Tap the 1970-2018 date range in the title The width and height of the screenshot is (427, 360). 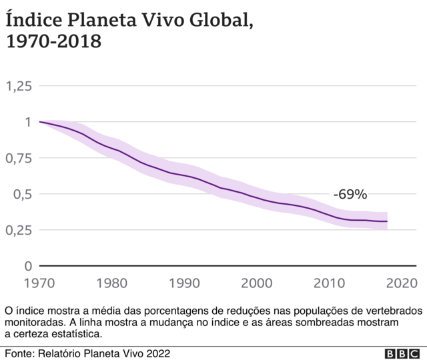pos(53,43)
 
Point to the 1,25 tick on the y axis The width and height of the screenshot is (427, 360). pos(19,86)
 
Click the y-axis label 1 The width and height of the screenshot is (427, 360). pos(28,122)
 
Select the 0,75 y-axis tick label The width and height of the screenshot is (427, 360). pos(19,158)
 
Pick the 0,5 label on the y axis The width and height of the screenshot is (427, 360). pos(23,194)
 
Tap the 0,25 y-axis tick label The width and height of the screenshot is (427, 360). pos(19,230)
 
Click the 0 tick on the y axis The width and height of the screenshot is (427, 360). pos(27,266)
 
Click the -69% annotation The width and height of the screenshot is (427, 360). pos(350,195)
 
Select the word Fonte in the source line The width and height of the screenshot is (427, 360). pos(21,353)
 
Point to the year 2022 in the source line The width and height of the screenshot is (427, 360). pos(157,353)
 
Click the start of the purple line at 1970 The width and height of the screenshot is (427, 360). pos(41,122)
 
